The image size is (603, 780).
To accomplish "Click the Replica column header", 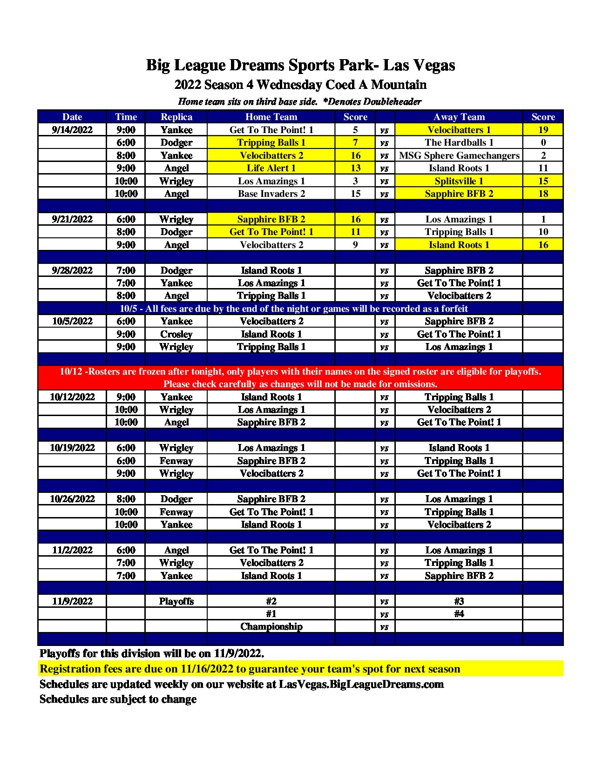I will pos(176,117).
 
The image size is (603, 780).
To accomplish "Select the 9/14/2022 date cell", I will pos(72,130).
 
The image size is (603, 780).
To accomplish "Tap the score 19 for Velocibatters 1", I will pos(543,130).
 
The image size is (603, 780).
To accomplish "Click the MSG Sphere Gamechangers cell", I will pos(459,155).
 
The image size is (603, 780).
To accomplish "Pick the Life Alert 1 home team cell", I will pos(271,168).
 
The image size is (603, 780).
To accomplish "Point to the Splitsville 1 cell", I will pos(459,181).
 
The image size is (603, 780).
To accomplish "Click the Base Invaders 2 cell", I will pos(271,194).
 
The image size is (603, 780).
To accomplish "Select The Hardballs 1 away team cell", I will pos(459,142).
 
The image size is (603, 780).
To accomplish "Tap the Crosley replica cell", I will pos(176,334).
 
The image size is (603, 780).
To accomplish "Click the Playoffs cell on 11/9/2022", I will pos(176,601).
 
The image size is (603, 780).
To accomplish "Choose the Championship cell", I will pos(271,626).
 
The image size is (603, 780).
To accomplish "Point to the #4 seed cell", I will pos(459,613).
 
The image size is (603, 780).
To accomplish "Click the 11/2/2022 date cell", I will pos(72,550).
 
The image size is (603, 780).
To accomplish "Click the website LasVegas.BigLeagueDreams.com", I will pos(361,684).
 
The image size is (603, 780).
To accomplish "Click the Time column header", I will pos(126,117).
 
